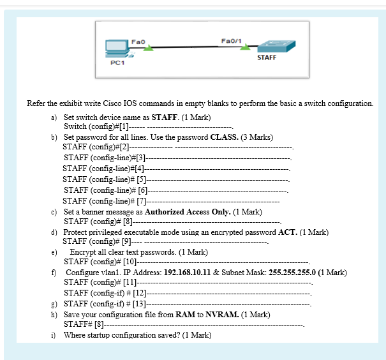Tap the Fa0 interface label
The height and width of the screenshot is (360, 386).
click(135, 41)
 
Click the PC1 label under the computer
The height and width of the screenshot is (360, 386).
click(117, 63)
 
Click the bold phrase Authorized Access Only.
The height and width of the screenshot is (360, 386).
click(188, 212)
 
